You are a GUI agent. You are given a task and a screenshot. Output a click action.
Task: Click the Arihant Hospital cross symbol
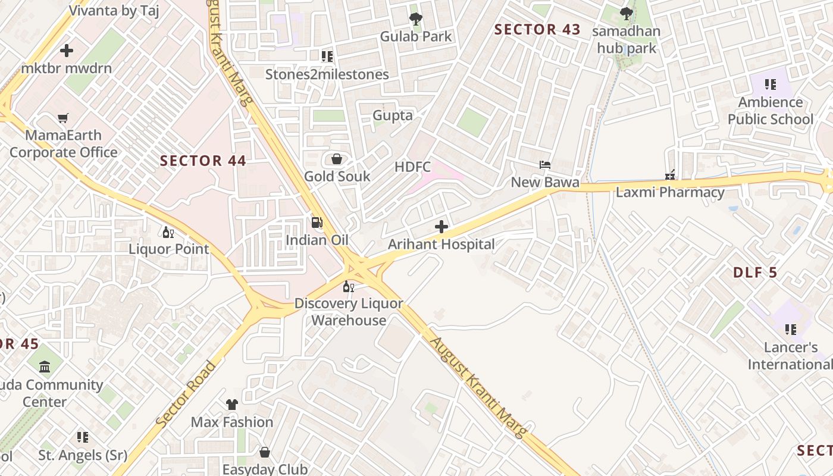(441, 227)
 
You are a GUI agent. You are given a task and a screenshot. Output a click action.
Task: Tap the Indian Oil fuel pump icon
(317, 223)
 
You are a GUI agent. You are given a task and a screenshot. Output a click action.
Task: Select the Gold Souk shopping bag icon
(337, 159)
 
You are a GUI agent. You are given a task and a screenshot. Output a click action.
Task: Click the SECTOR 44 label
(203, 161)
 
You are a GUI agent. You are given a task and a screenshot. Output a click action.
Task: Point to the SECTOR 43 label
(537, 30)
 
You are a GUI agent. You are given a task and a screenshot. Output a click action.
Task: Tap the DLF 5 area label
(755, 273)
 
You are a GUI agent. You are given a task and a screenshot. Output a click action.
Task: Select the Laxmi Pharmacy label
(670, 192)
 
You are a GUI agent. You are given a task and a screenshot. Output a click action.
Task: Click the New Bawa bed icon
(545, 165)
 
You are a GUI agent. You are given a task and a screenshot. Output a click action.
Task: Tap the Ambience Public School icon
(771, 84)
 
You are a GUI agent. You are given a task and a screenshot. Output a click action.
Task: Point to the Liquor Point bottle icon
(168, 232)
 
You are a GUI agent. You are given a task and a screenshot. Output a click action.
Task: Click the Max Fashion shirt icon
(232, 405)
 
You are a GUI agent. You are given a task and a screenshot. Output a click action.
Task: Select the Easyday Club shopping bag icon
(265, 453)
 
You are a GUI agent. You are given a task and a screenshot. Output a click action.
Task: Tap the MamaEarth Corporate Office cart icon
(63, 118)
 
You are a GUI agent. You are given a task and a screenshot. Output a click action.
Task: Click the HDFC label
(412, 167)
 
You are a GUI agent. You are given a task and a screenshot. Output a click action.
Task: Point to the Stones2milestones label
(327, 74)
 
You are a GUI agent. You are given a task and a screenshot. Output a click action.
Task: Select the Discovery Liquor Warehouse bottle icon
(349, 287)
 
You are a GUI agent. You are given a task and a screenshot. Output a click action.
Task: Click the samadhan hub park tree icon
(626, 13)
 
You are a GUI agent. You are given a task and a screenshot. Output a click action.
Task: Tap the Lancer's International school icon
(791, 329)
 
